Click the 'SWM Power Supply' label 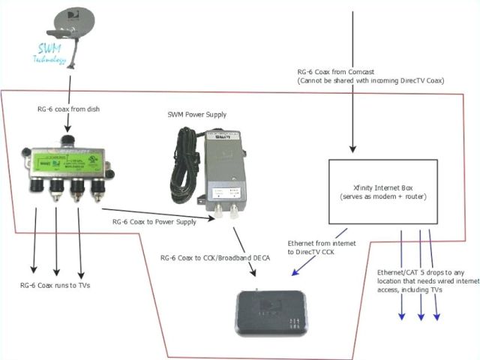click(x=196, y=115)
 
